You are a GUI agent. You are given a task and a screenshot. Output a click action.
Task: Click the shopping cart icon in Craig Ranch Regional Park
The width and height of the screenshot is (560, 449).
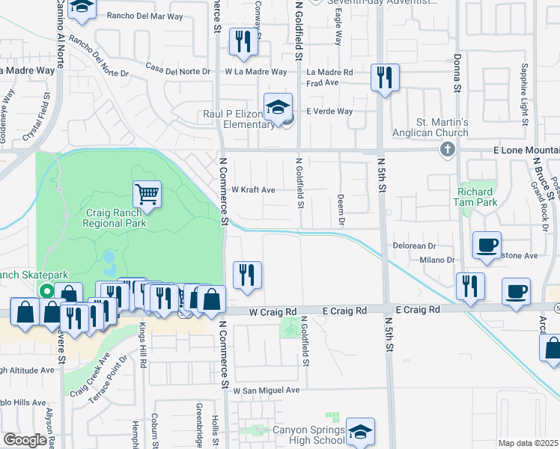tap(147, 195)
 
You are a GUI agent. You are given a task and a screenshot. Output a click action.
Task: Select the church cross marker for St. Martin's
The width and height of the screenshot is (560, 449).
tap(448, 149)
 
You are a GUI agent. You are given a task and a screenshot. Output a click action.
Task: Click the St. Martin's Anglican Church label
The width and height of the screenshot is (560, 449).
tap(442, 127)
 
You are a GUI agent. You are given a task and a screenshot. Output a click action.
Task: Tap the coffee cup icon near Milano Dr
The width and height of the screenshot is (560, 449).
tap(487, 245)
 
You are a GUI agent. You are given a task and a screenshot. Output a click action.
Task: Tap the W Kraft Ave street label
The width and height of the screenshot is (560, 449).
tap(253, 190)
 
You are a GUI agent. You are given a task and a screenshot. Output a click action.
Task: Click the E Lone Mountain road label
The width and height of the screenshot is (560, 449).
tap(517, 150)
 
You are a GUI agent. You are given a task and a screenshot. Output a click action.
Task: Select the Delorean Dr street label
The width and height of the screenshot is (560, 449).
tap(414, 245)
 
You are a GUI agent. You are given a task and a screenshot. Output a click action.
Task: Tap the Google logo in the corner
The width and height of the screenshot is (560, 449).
tap(25, 441)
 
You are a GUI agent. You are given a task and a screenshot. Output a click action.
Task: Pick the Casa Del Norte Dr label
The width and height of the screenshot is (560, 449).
tap(179, 69)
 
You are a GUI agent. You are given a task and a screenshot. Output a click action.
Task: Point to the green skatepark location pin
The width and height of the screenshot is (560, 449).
tap(46, 291)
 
